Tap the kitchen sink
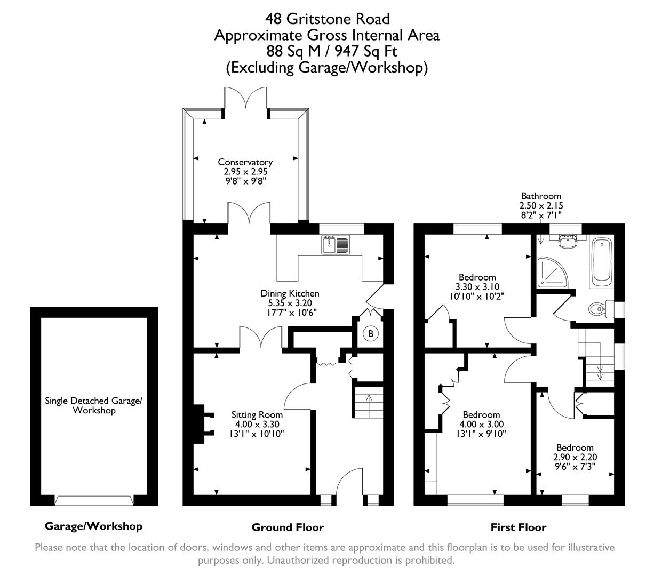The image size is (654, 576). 335,245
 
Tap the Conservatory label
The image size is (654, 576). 245,162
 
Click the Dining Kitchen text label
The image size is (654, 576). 290,293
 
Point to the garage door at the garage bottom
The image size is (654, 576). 94,500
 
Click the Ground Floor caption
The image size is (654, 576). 288,527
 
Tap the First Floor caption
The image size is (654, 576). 518,527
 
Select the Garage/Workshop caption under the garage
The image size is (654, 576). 93,526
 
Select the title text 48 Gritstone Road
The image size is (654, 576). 328,19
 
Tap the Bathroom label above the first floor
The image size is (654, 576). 541,196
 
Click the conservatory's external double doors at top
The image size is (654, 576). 246,101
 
